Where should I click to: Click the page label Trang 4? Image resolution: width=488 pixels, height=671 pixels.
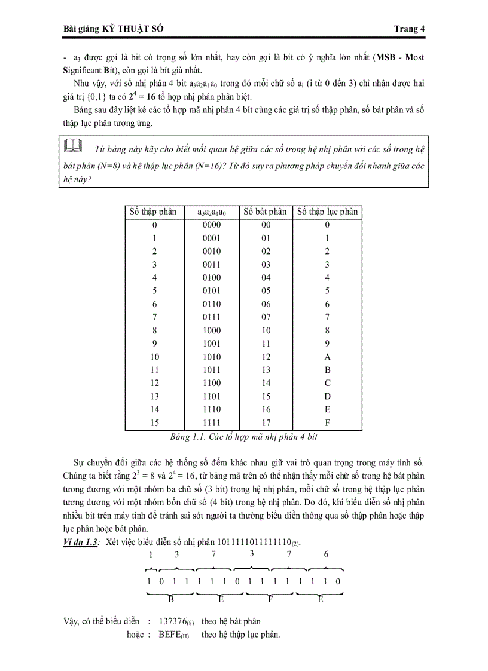coord(409,29)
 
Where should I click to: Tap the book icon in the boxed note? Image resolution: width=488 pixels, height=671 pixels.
coord(72,146)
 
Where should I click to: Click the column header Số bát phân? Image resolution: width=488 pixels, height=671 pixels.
coord(266,212)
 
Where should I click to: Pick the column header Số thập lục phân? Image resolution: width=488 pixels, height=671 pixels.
coord(327,212)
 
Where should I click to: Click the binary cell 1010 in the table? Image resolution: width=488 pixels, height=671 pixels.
coord(212,357)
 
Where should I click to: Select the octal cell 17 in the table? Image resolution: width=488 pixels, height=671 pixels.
coord(266,422)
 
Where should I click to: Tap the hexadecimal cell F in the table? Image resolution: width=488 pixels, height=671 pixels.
coord(327,422)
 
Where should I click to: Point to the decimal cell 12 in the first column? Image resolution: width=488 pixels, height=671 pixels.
coord(154,383)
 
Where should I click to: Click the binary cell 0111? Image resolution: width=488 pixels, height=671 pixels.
coord(212,317)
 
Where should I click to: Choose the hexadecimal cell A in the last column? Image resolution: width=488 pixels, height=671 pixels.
coord(327,357)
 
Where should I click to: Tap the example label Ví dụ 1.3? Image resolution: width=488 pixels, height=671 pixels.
coord(81,542)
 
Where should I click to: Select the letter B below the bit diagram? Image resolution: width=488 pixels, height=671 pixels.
coord(171,599)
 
